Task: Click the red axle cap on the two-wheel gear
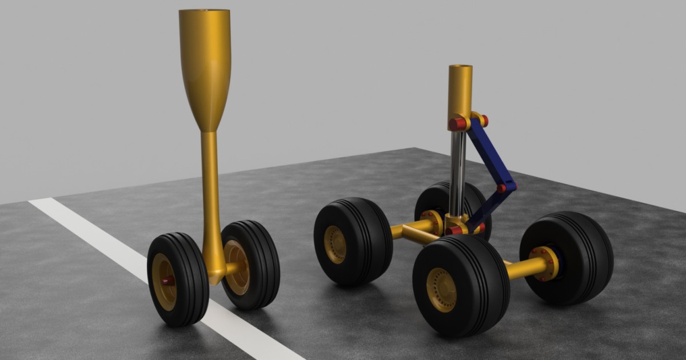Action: point(167,281)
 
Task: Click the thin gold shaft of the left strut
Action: point(210,189)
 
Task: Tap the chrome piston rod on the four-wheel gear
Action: point(457,171)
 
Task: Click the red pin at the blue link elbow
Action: point(501,188)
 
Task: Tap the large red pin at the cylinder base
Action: point(456,124)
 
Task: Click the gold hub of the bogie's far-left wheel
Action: point(335,244)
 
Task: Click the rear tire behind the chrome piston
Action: point(434,197)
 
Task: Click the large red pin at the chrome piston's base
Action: point(455,230)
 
